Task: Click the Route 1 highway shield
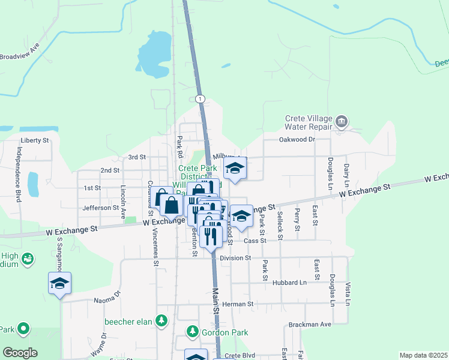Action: [200, 98]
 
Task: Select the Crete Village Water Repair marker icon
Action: [342, 122]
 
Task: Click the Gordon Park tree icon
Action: [193, 331]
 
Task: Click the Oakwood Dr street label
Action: [297, 139]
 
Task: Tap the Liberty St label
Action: [34, 140]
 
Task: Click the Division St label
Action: [235, 258]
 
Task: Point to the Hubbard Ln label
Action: [289, 282]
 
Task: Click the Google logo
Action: [20, 353]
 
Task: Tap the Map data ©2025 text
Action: [423, 355]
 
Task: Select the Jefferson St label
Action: [101, 208]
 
